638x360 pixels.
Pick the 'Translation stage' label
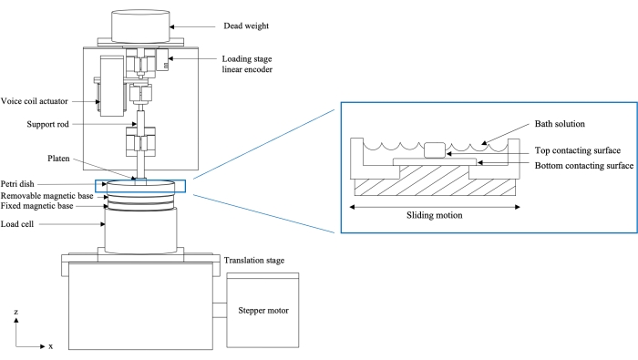[254, 261]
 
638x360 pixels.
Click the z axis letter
[15, 313]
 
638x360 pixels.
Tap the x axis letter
[50, 347]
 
